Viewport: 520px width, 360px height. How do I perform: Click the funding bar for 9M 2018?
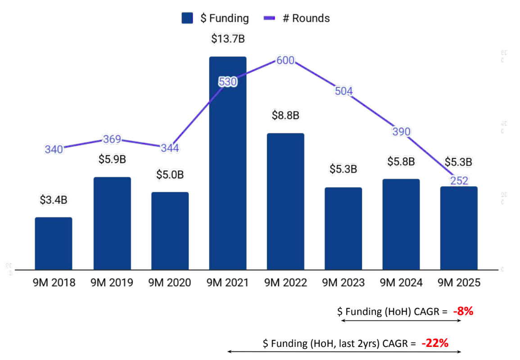54,243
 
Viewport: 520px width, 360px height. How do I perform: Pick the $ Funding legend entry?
215,18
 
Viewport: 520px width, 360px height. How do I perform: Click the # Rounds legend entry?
297,18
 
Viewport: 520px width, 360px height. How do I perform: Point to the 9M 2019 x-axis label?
112,283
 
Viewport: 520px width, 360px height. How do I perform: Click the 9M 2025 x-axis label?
459,283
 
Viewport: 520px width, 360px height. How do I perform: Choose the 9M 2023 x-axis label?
344,283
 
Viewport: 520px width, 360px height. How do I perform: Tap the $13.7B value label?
228,39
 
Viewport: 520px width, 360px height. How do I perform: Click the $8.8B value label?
285,115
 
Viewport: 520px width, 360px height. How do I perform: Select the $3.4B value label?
54,200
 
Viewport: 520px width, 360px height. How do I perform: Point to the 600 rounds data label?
285,61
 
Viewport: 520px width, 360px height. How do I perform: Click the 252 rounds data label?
459,181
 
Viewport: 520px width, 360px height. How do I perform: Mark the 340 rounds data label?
54,149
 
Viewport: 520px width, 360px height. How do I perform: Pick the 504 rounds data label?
344,91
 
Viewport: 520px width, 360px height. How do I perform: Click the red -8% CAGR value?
463,311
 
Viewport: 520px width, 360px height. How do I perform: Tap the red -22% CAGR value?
435,343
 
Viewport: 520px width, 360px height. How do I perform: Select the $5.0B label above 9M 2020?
170,174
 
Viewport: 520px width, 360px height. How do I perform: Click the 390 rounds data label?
401,132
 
